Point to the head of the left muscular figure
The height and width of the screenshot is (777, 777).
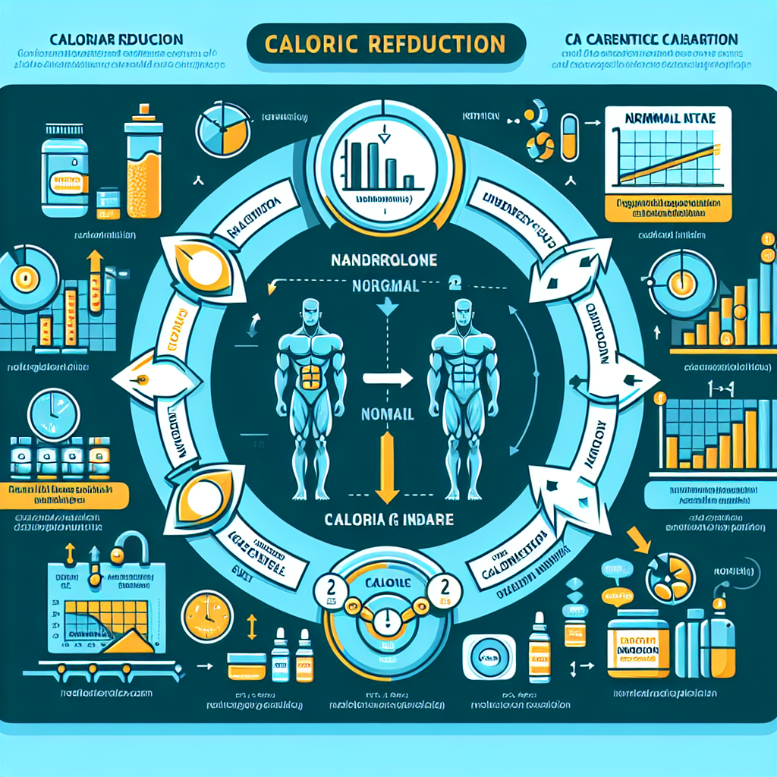(310, 311)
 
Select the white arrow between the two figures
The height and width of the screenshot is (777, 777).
(387, 376)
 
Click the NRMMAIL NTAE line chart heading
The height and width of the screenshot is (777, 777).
(668, 121)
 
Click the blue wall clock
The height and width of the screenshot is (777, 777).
(54, 413)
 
